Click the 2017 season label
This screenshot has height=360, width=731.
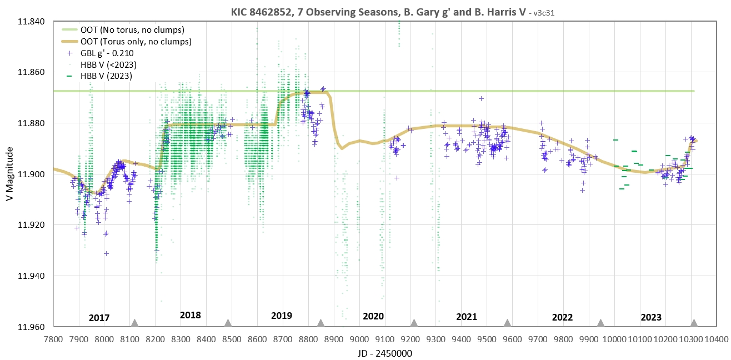99,318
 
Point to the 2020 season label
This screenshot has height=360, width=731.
373,317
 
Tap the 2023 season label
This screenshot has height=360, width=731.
651,318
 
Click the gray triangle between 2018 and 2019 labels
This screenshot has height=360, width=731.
228,323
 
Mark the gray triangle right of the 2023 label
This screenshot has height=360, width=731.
694,323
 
